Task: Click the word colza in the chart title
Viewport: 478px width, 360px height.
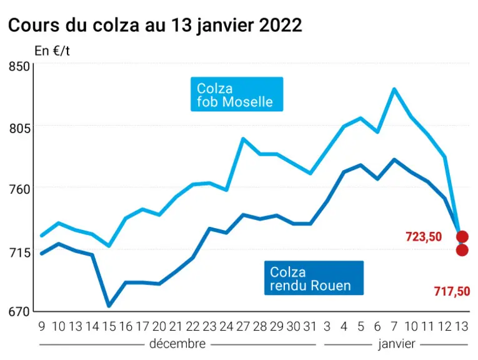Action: pyautogui.click(x=116, y=25)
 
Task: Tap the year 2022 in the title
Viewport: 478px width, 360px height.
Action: pyautogui.click(x=281, y=25)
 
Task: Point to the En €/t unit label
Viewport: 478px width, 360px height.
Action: pyautogui.click(x=52, y=51)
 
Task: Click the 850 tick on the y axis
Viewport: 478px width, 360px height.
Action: pyautogui.click(x=19, y=66)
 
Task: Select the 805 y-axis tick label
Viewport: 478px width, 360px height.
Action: pyautogui.click(x=19, y=128)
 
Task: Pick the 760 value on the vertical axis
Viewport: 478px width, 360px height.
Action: pyautogui.click(x=19, y=189)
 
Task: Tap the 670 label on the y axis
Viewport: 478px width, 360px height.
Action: pyautogui.click(x=19, y=311)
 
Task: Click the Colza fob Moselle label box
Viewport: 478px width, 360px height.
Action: pyautogui.click(x=237, y=94)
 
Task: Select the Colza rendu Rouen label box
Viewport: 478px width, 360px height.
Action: pyautogui.click(x=314, y=278)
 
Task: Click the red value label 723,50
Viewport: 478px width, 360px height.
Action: pyautogui.click(x=424, y=237)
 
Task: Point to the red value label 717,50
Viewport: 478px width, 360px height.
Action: pyautogui.click(x=452, y=292)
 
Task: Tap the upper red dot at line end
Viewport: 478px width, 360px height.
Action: pyautogui.click(x=462, y=236)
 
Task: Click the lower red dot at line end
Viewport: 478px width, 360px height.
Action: pyautogui.click(x=462, y=250)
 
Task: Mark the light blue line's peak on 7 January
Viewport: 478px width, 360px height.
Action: pyautogui.click(x=394, y=89)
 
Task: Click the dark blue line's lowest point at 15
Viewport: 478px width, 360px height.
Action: pyautogui.click(x=109, y=306)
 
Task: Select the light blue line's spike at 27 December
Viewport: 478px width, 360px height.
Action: pyautogui.click(x=243, y=139)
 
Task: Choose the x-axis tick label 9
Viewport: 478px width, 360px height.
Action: pyautogui.click(x=42, y=326)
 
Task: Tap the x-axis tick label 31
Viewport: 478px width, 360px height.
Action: pyautogui.click(x=310, y=326)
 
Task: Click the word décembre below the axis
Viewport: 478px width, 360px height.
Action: pyautogui.click(x=177, y=344)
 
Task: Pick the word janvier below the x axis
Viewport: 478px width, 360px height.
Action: pyautogui.click(x=397, y=344)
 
